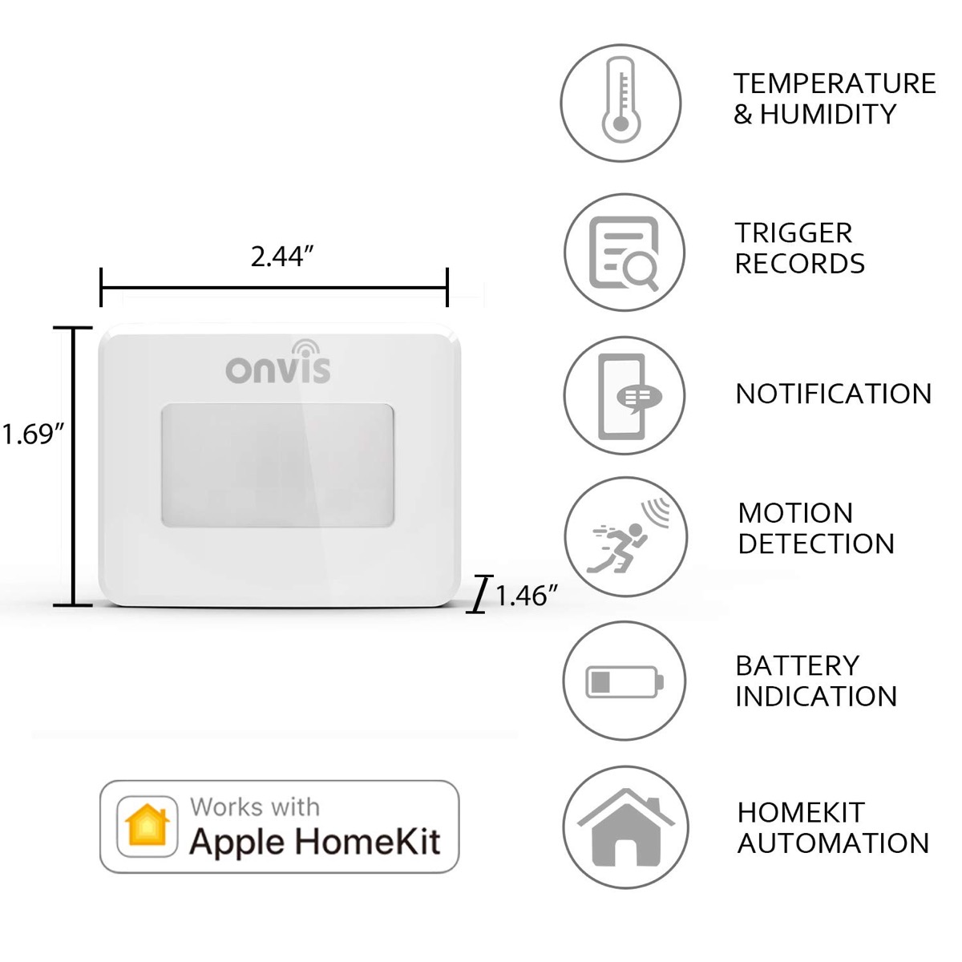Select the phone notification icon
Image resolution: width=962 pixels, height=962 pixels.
pyautogui.click(x=624, y=396)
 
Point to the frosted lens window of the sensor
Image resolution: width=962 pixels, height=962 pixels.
pyautogui.click(x=277, y=466)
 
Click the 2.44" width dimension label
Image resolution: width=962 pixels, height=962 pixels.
pyautogui.click(x=281, y=257)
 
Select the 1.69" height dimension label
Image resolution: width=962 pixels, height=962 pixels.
pyautogui.click(x=32, y=435)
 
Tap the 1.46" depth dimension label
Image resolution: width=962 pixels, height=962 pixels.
pyautogui.click(x=525, y=596)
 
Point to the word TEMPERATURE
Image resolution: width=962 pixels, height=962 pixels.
pyautogui.click(x=835, y=83)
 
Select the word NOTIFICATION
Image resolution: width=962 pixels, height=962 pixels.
pyautogui.click(x=834, y=394)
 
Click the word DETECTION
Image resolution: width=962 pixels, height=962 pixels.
pyautogui.click(x=815, y=544)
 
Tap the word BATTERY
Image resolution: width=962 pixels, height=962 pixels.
pyautogui.click(x=797, y=665)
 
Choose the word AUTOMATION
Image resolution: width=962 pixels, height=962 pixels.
pyautogui.click(x=833, y=843)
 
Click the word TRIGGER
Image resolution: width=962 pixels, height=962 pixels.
pyautogui.click(x=794, y=233)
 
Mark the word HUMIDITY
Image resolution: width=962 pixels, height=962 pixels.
pyautogui.click(x=827, y=115)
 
